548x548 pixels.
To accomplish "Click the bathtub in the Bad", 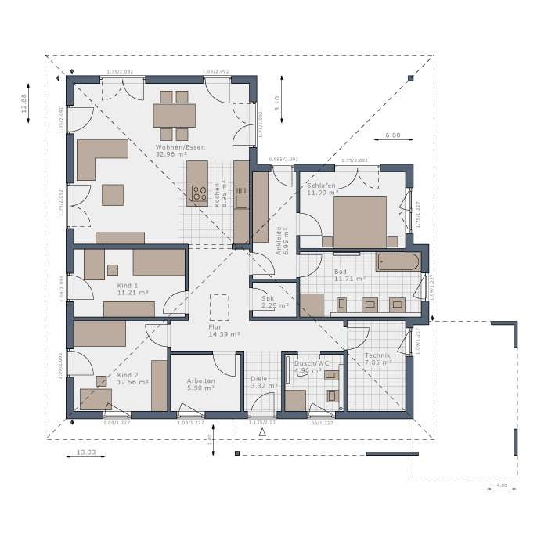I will [398, 261].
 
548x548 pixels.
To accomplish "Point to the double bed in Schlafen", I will [360, 220].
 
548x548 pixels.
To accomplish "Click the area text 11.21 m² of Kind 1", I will [133, 294].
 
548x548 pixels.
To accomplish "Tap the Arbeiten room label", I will [200, 380].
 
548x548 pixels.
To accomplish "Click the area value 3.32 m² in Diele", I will [264, 386].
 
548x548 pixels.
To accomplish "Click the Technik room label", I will [377, 355].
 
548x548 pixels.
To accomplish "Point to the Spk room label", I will [268, 297].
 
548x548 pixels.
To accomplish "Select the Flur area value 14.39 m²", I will [224, 334].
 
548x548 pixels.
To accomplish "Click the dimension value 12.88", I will [24, 104].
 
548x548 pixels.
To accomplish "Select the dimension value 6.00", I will [392, 135].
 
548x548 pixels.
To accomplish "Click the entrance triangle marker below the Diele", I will [263, 431].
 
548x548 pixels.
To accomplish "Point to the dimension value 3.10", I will [277, 103].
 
